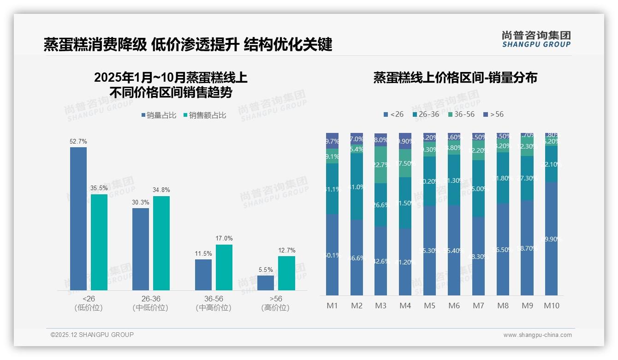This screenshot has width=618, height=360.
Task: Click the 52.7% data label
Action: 78,141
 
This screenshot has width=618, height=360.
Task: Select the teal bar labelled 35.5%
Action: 99,242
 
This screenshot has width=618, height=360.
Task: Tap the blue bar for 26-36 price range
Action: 141,249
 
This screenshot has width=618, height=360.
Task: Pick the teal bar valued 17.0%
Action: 224,267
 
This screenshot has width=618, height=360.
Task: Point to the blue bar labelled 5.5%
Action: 266,282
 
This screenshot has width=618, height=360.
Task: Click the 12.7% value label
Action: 287,251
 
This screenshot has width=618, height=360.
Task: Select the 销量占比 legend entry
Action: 159,115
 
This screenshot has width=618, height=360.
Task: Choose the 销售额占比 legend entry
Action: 205,115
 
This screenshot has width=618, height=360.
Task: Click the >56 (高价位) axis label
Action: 275,303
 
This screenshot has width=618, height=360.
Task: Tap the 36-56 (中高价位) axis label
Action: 213,303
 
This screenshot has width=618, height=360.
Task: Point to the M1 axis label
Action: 332,306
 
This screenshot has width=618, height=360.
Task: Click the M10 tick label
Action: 552,306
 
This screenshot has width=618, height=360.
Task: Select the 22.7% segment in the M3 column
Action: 380,165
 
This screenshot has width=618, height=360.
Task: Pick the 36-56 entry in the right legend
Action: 461,114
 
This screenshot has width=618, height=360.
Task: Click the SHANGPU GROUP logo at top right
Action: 536,39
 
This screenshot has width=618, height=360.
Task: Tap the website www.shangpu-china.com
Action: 537,335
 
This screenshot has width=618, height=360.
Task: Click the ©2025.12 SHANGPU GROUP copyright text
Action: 92,335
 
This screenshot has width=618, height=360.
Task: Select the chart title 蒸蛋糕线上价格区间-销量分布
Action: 455,78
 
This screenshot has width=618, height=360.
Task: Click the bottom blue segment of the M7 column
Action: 478,256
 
